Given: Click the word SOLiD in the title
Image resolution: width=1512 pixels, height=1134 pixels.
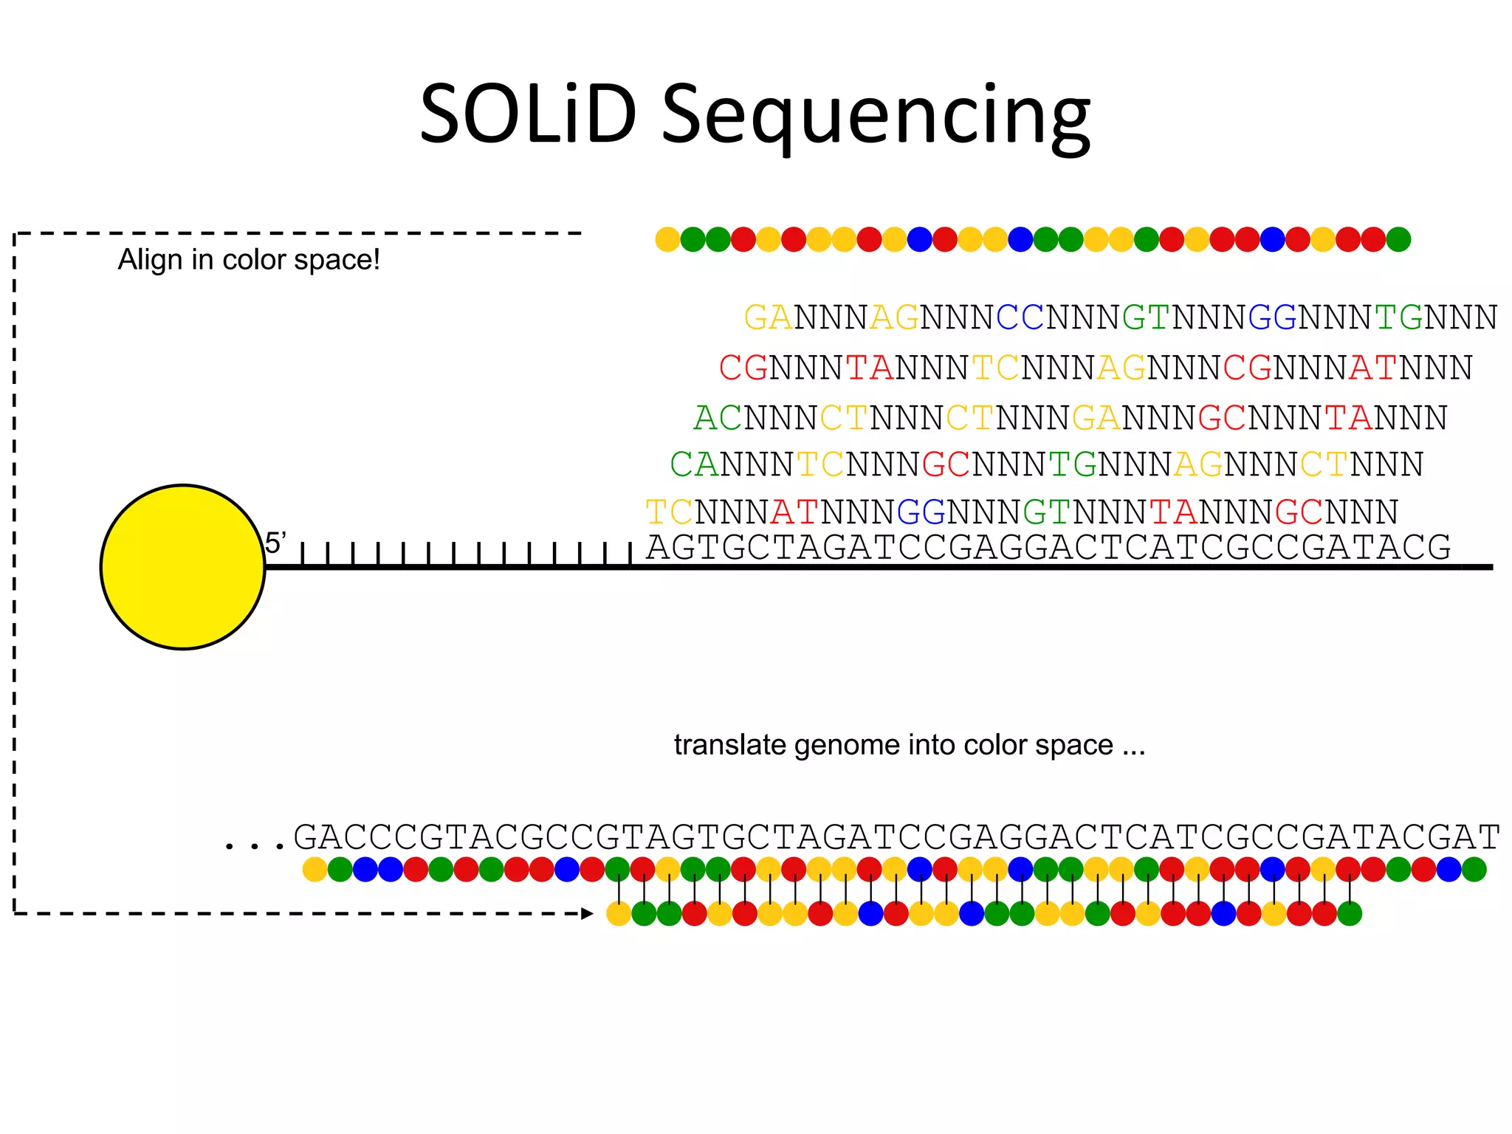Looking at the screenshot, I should pyautogui.click(x=528, y=114).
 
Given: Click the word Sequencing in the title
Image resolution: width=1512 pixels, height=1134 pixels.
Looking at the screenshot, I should pyautogui.click(x=875, y=118).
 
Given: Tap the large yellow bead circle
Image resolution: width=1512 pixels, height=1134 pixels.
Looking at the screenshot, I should pyautogui.click(x=182, y=567).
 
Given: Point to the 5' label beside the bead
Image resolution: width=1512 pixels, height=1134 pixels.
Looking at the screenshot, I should pyautogui.click(x=275, y=543).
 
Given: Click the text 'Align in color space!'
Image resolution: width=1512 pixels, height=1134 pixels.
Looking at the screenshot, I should pyautogui.click(x=249, y=260).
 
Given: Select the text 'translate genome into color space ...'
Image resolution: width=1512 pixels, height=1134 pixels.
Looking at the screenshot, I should pyautogui.click(x=909, y=745).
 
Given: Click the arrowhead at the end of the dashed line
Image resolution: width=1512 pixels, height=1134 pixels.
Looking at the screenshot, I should pyautogui.click(x=587, y=914).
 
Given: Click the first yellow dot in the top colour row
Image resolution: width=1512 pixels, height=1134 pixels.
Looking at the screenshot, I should pyautogui.click(x=667, y=239).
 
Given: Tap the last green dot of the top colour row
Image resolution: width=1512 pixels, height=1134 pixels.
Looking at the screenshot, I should pyautogui.click(x=1398, y=239).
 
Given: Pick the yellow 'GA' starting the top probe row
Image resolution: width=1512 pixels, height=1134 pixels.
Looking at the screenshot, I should pyautogui.click(x=768, y=317).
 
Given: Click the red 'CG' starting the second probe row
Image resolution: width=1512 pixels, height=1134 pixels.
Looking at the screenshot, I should pyautogui.click(x=743, y=368).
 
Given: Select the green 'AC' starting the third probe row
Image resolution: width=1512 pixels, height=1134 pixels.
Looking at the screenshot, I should pyautogui.click(x=718, y=418).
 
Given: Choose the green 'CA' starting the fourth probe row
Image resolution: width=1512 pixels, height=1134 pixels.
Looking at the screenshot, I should pyautogui.click(x=693, y=464).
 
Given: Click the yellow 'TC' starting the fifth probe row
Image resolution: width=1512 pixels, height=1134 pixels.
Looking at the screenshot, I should pyautogui.click(x=669, y=512).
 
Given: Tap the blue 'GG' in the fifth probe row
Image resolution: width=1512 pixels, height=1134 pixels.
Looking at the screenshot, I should pyautogui.click(x=921, y=512).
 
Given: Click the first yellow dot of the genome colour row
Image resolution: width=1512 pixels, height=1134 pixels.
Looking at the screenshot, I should pyautogui.click(x=315, y=870).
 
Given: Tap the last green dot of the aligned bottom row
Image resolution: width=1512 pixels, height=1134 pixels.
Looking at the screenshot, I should pyautogui.click(x=1350, y=914).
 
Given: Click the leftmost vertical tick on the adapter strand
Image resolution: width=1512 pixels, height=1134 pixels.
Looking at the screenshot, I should pyautogui.click(x=303, y=554).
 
